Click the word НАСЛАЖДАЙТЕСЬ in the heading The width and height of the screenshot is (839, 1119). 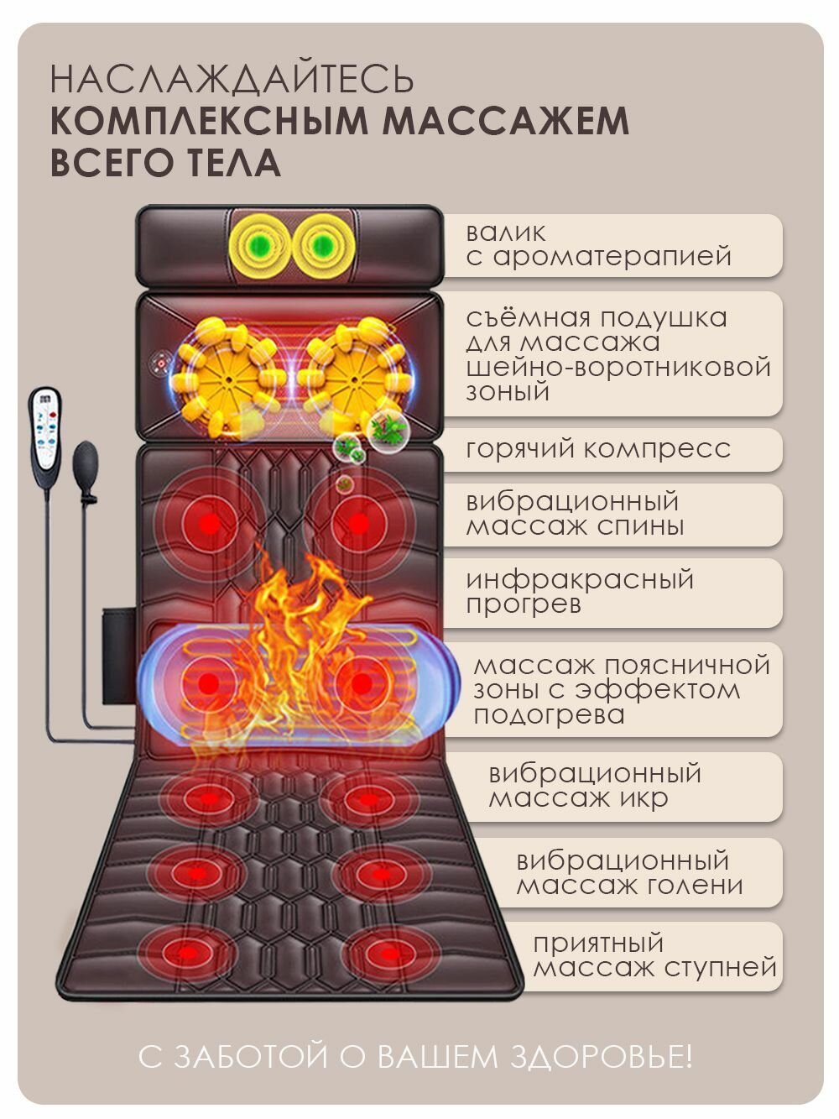coord(232,80)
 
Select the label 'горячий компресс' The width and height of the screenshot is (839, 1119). coord(598,448)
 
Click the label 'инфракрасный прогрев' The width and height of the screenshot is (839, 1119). coord(580,592)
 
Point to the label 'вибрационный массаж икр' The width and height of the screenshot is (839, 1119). coord(594,786)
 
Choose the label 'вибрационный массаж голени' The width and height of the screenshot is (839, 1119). coord(628,873)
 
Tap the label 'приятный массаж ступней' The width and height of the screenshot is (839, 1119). coord(654,955)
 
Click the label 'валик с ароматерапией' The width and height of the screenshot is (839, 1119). coord(598,244)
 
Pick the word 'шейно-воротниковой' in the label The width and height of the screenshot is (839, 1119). coord(618,367)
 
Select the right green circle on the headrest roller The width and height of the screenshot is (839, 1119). coord(322,246)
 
